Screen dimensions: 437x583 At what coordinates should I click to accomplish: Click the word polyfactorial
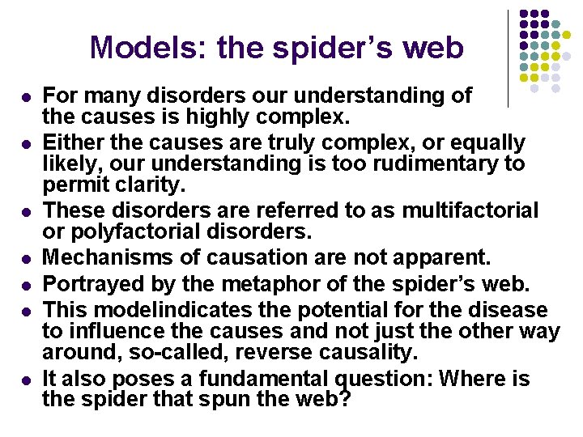tap(127, 231)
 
